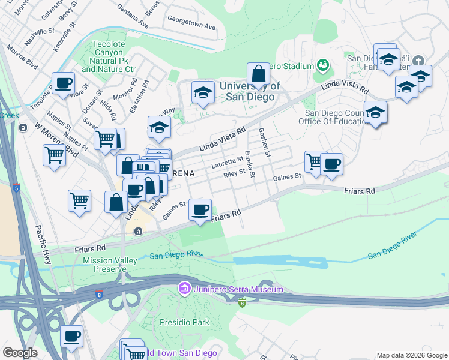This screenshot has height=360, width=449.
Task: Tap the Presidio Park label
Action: tap(184, 322)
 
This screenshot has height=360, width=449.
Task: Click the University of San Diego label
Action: tap(250, 91)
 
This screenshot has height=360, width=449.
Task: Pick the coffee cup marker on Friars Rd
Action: tap(200, 209)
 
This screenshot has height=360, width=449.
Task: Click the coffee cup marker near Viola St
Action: tap(63, 83)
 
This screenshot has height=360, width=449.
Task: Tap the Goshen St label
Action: tap(264, 143)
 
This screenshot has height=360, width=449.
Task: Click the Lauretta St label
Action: tap(226, 163)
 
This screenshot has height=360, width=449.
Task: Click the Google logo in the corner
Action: tap(20, 353)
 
